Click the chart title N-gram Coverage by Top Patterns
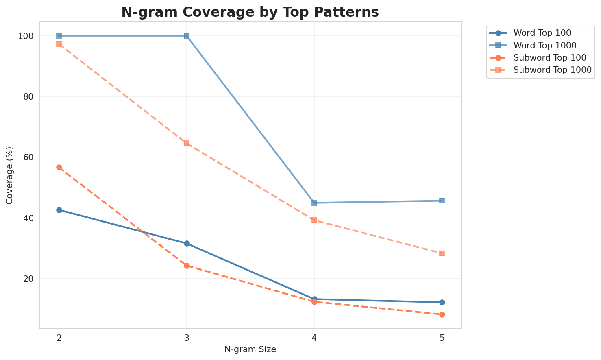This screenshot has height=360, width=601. pyautogui.click(x=250, y=12)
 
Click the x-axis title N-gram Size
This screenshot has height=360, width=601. pyautogui.click(x=250, y=350)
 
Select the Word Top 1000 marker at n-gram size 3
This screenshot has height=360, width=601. pyautogui.click(x=187, y=36)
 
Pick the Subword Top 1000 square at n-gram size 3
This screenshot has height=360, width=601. pyautogui.click(x=187, y=143)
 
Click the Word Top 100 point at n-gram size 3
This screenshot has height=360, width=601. pyautogui.click(x=187, y=243)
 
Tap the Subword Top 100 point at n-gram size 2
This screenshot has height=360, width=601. pyautogui.click(x=59, y=167)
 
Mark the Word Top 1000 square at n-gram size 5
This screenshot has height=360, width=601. pyautogui.click(x=442, y=201)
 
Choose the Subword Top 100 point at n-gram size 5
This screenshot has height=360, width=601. pyautogui.click(x=442, y=314)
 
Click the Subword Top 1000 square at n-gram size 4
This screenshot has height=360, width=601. pyautogui.click(x=314, y=220)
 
